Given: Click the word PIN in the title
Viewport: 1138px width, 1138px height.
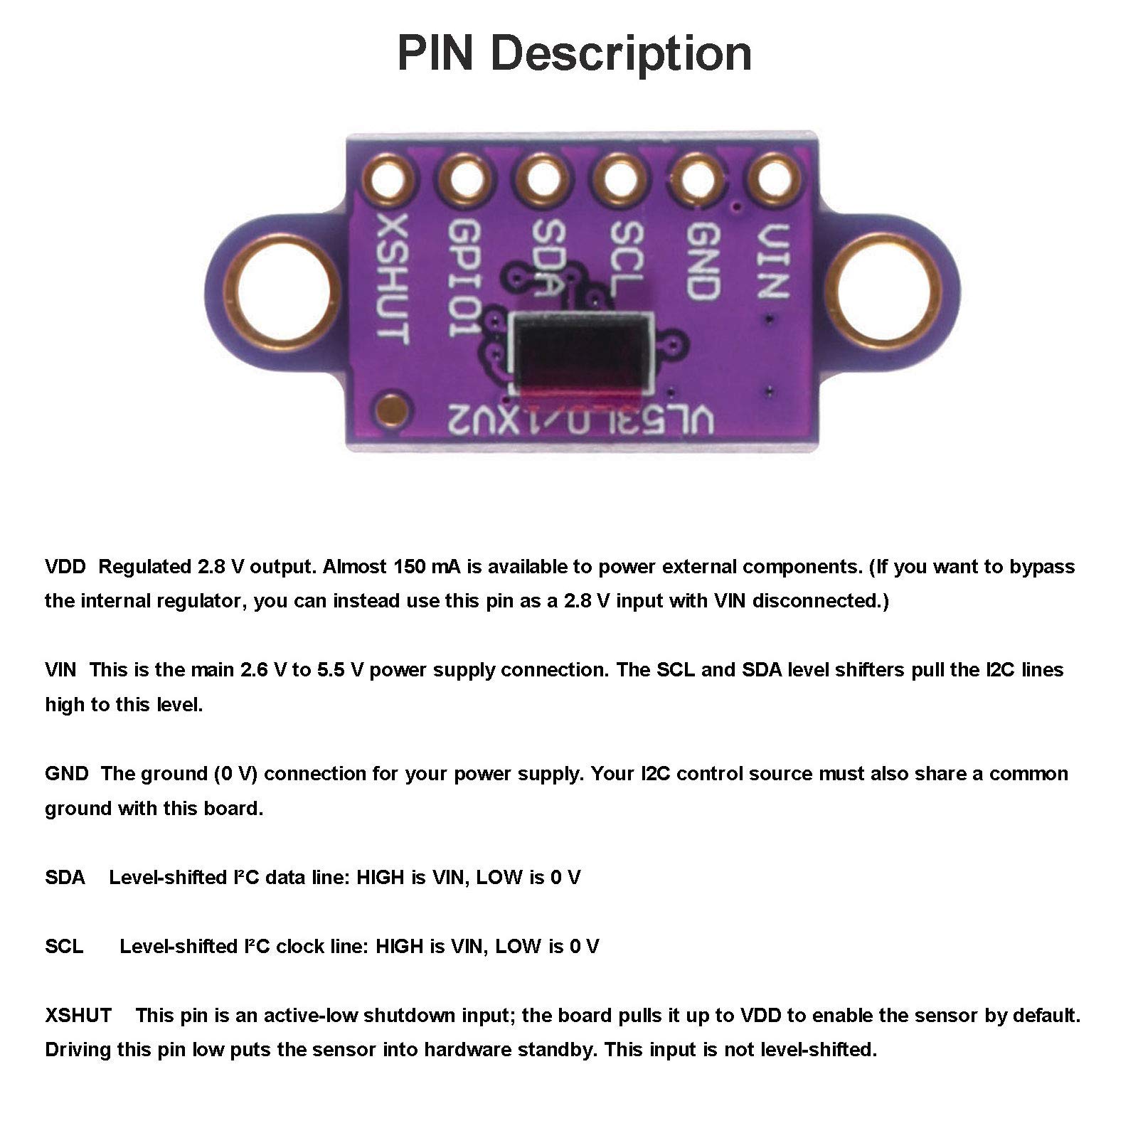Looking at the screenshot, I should (435, 53).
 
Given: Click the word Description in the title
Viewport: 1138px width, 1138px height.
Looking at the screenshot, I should (621, 53).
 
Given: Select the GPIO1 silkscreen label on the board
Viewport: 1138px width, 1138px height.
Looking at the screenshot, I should (467, 277).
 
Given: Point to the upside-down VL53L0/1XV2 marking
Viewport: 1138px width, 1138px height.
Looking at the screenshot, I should (580, 420).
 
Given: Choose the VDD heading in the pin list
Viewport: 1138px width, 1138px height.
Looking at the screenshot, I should (65, 567).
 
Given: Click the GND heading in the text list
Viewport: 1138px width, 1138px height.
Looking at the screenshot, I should (66, 774).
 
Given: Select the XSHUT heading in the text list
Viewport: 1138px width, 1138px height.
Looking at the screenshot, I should (78, 1015).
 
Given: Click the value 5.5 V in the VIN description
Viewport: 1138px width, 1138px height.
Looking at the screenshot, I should (341, 670).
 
